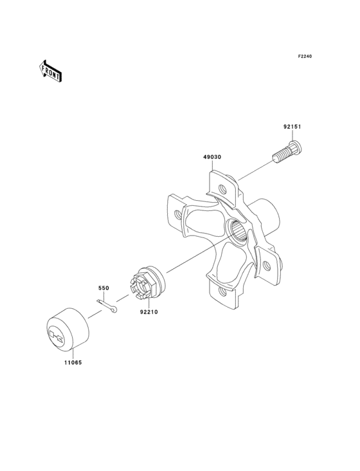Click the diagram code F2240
(x=304, y=57)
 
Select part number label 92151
(x=292, y=127)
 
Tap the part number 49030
(x=213, y=157)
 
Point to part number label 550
(x=104, y=288)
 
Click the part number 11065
(x=72, y=362)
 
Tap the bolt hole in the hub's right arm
(x=271, y=263)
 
